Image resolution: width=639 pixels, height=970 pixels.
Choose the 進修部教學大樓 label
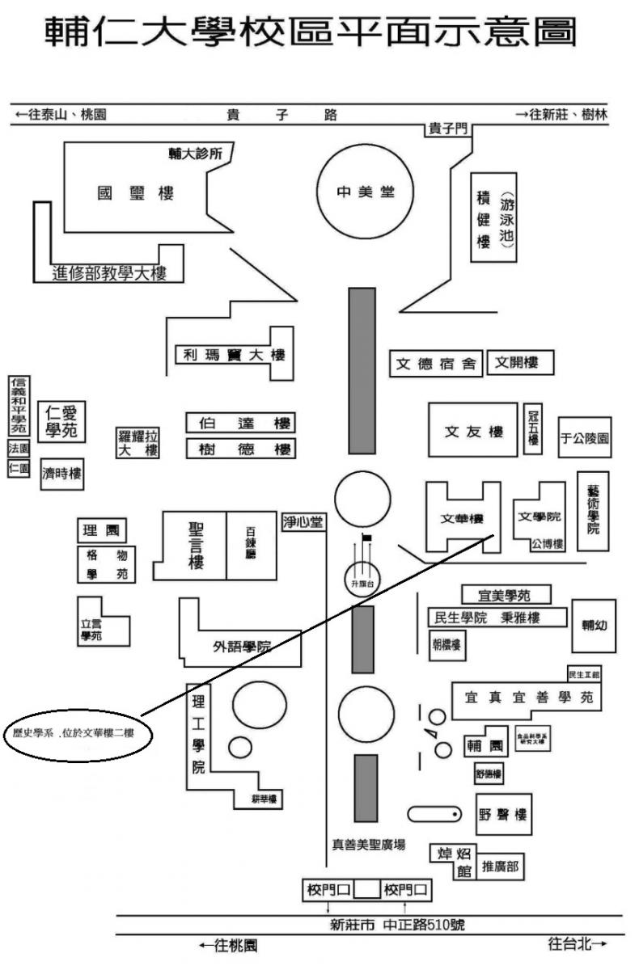coord(109,273)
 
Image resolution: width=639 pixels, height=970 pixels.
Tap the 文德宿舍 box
coord(436,364)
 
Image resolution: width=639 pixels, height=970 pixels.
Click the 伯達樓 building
coord(240,424)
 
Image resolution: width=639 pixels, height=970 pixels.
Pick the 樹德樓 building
coord(240,449)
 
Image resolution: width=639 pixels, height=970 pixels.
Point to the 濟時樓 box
coord(62,474)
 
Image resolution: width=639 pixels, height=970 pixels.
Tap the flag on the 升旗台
coord(366,538)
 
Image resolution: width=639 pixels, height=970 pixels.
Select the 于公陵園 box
coord(585,438)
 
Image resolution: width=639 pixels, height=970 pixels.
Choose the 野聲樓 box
coord(504,815)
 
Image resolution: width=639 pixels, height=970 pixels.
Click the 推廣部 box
coord(500,868)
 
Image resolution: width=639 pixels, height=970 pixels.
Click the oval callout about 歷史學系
coord(74,735)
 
